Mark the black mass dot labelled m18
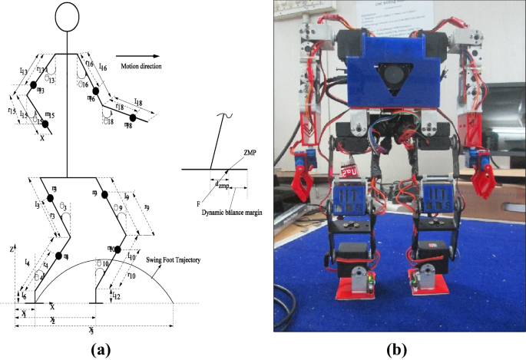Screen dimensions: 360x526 point(132,118)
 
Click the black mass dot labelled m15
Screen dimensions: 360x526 point(45,124)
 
